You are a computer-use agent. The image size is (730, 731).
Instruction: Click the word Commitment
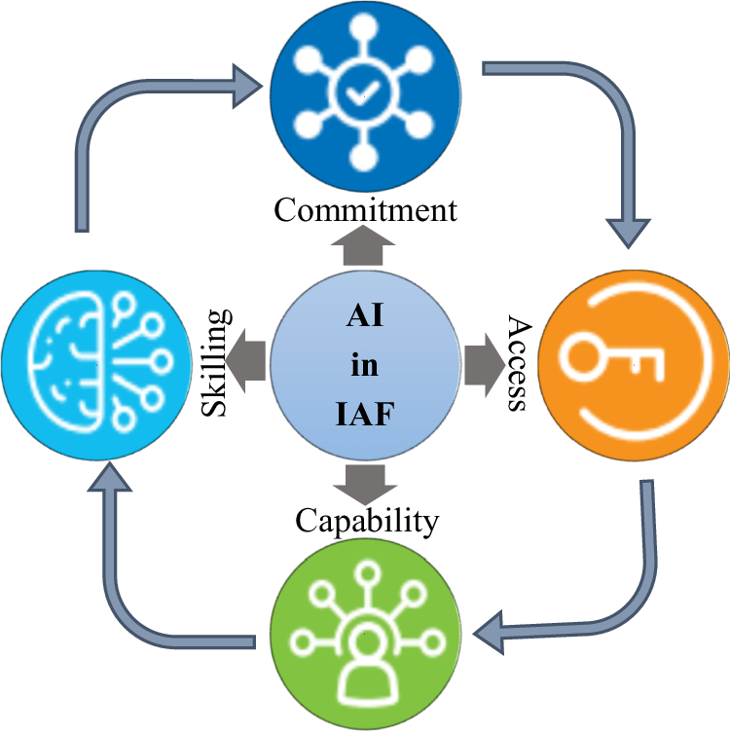click(x=365, y=209)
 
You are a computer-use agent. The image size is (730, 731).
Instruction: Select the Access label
click(x=519, y=363)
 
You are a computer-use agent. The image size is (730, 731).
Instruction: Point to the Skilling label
click(x=216, y=362)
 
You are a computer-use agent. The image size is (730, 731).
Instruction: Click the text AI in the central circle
click(x=365, y=317)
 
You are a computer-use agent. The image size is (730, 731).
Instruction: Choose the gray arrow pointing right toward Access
click(x=480, y=363)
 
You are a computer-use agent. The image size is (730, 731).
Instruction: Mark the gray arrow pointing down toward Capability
click(x=365, y=482)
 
